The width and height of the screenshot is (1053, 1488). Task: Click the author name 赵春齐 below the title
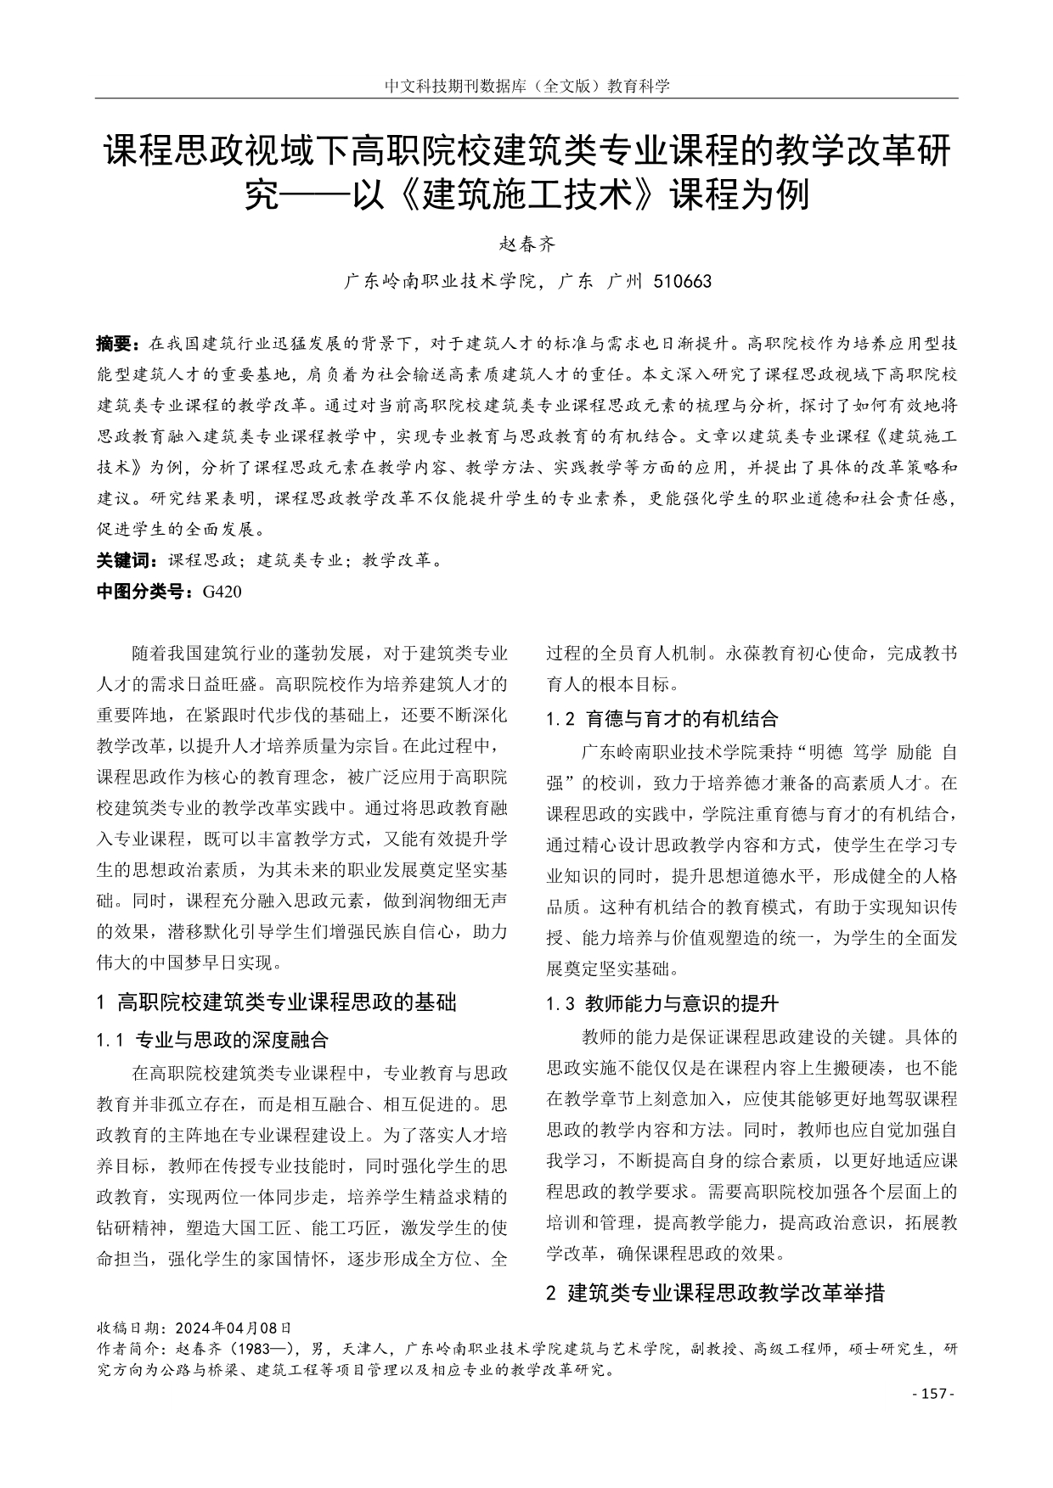(526, 245)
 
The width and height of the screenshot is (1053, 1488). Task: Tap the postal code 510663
(683, 281)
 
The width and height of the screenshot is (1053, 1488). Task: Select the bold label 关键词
(127, 560)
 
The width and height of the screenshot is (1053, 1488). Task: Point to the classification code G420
(222, 592)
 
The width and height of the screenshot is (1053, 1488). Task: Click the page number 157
(932, 1394)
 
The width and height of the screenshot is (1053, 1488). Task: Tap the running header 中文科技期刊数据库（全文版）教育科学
(526, 86)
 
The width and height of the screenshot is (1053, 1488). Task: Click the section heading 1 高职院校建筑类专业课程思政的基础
(277, 1002)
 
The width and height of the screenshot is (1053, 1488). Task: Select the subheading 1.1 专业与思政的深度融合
(213, 1040)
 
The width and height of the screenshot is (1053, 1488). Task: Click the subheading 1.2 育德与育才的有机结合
(662, 720)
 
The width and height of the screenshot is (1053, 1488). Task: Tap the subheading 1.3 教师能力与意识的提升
(662, 1004)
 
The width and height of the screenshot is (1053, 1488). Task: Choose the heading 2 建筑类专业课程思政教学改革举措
(715, 1294)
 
